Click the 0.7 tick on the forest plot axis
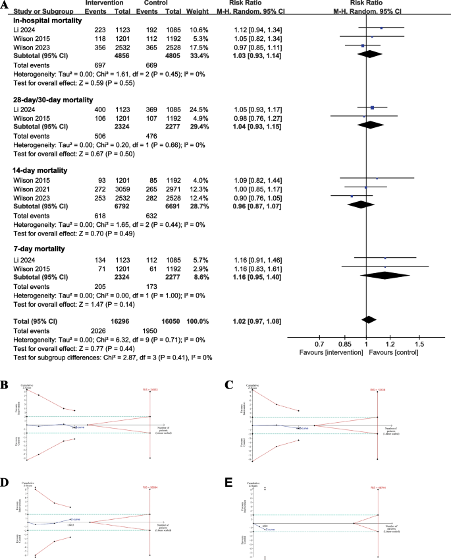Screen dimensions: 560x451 [x=321, y=344]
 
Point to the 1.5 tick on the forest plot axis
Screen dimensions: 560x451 [x=419, y=344]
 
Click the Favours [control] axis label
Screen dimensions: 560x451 [x=401, y=354]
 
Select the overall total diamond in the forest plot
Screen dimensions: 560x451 [x=369, y=320]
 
